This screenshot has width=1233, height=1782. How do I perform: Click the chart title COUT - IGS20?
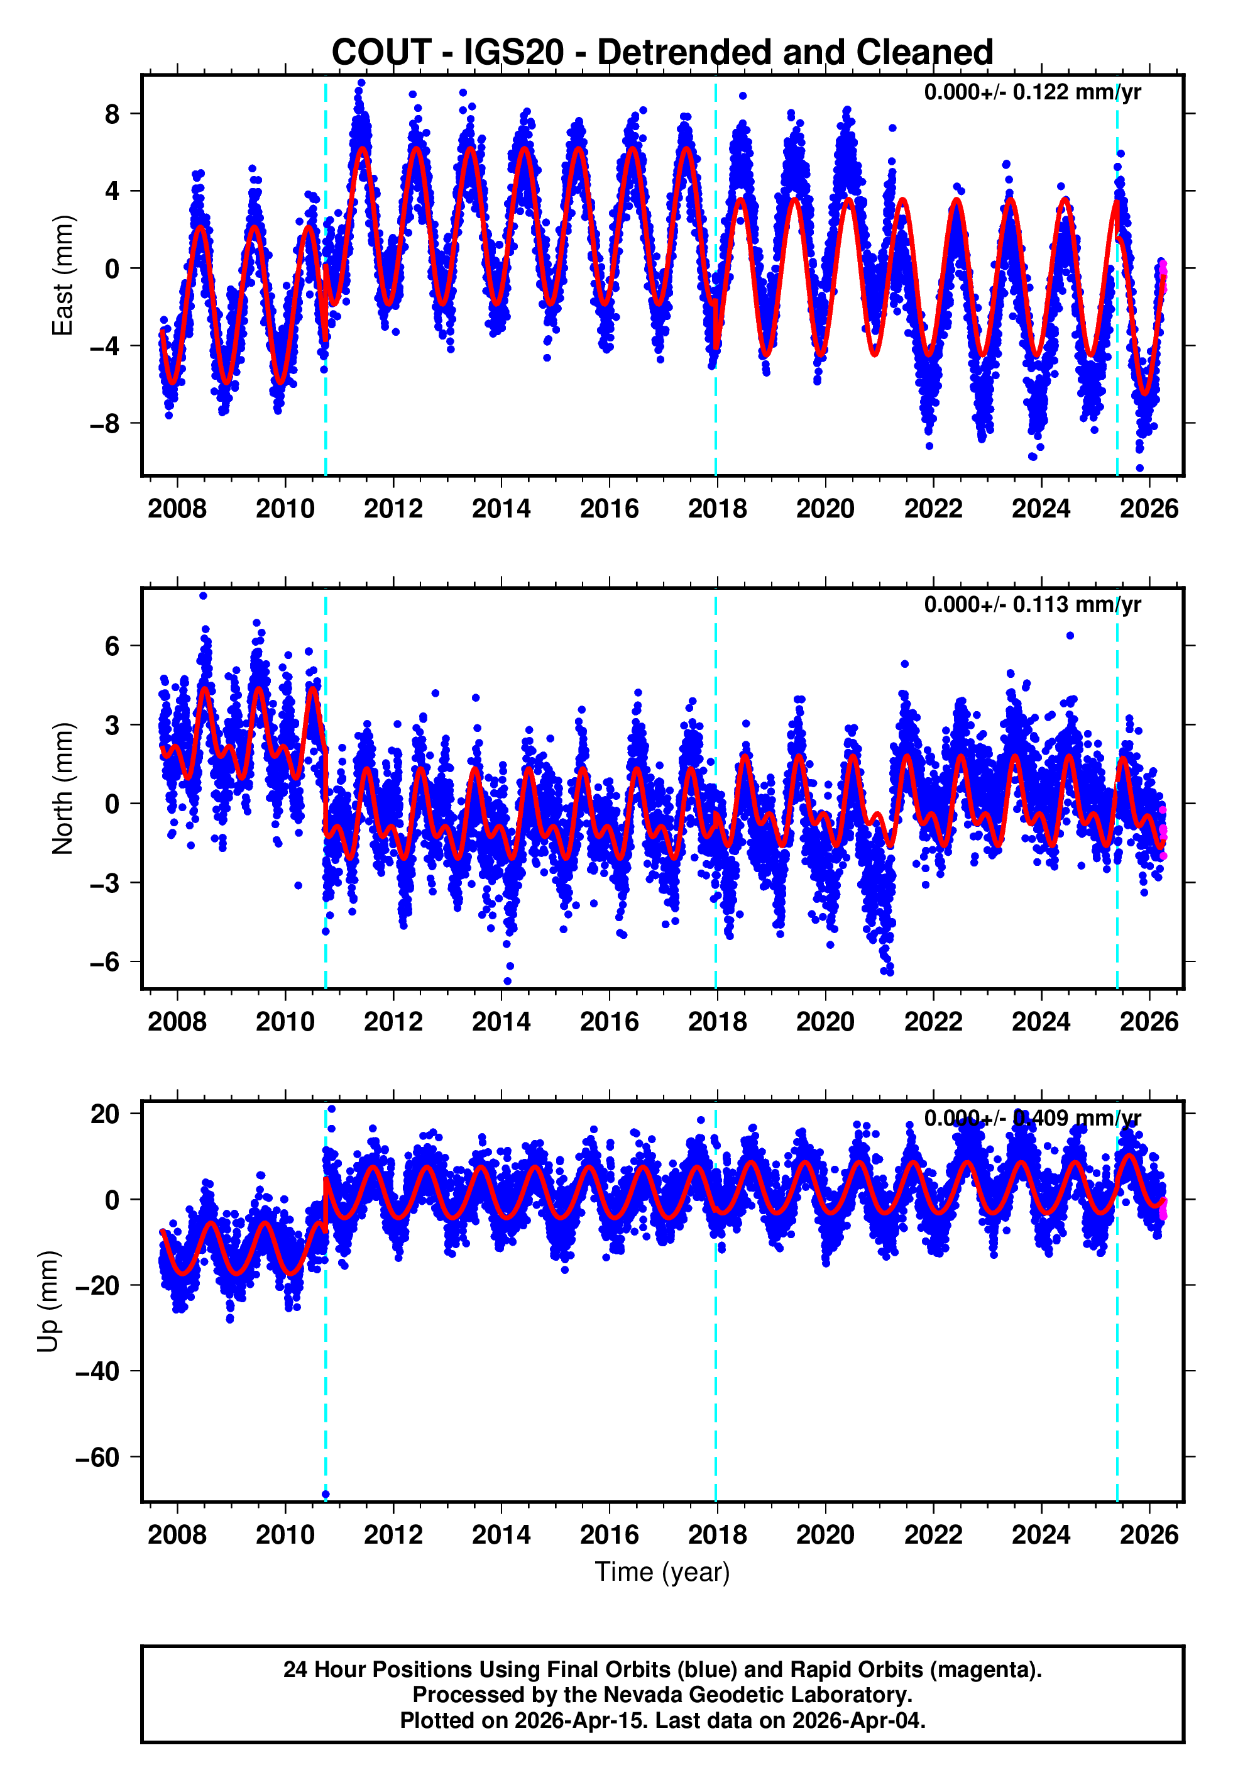point(662,53)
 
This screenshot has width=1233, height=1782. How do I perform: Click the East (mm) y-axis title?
point(62,276)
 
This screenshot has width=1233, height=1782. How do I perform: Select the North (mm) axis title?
point(62,789)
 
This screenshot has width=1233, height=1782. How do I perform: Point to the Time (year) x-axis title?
point(662,1572)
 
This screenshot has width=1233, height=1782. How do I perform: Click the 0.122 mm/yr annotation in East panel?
point(1031,92)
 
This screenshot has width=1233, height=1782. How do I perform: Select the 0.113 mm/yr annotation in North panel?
point(1031,604)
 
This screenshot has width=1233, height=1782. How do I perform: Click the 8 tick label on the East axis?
point(112,114)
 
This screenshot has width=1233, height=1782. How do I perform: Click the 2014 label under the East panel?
point(501,509)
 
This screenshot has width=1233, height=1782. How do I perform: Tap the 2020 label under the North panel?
point(825,1022)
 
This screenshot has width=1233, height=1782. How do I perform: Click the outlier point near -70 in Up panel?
point(326,1495)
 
